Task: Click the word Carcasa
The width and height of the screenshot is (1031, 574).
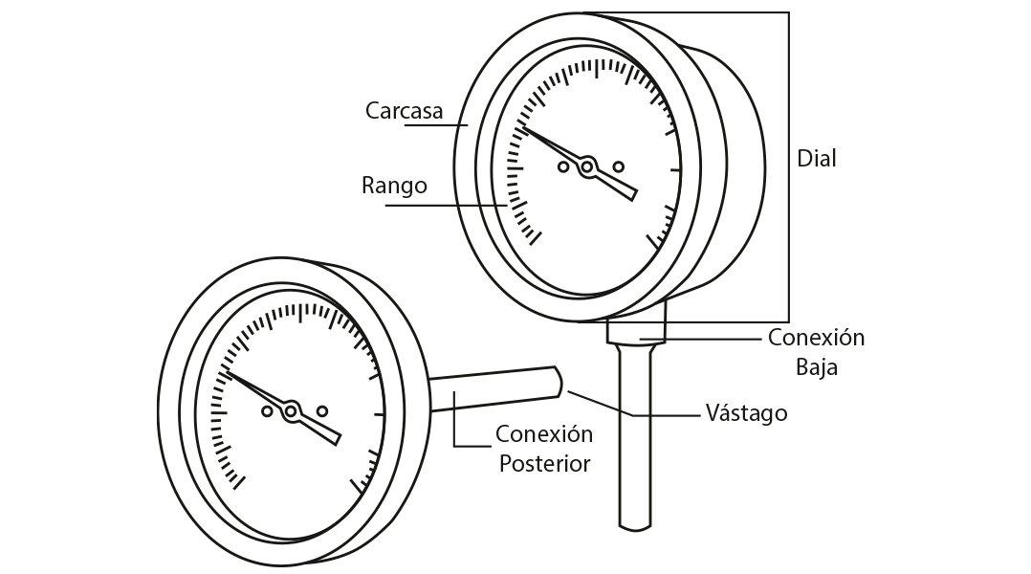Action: [x=404, y=111]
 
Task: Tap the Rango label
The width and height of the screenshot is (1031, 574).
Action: [x=394, y=186]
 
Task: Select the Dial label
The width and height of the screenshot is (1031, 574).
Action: [x=816, y=159]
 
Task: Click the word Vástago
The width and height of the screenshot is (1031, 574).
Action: [x=746, y=413]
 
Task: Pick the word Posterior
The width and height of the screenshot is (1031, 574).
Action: [x=544, y=464]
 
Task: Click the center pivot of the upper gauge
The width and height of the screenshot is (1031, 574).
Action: [x=589, y=166]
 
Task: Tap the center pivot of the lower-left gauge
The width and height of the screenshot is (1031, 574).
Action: [x=293, y=410]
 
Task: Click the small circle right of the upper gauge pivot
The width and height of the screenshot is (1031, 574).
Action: [x=618, y=166]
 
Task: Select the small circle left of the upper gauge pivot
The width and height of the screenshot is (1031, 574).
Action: [x=563, y=168]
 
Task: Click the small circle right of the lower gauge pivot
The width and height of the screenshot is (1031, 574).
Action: [x=322, y=411]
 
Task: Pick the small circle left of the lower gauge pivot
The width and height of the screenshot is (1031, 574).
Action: [x=267, y=412]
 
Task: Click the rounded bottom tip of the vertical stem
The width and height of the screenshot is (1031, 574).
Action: [x=636, y=523]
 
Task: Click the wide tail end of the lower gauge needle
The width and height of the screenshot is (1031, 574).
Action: [x=334, y=437]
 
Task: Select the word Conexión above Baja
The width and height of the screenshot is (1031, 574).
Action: [x=816, y=338]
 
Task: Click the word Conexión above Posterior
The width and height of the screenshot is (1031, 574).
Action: [x=544, y=434]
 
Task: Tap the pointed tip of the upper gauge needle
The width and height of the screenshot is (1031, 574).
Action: [x=519, y=127]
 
